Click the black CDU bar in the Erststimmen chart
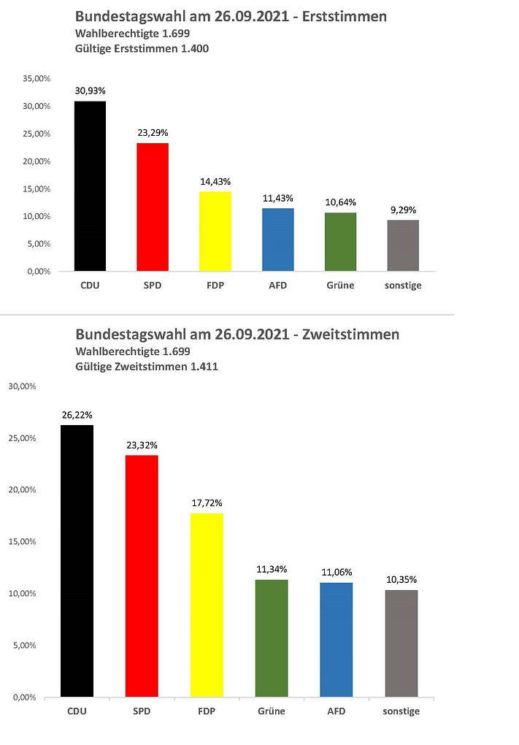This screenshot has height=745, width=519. (91, 186)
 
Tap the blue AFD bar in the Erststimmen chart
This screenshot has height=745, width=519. (277, 240)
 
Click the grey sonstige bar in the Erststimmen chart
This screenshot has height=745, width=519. (403, 245)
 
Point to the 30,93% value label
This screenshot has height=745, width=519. (91, 91)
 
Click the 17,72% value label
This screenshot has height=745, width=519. (207, 503)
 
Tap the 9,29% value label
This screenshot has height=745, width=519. (403, 210)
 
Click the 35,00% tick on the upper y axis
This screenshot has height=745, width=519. (36, 78)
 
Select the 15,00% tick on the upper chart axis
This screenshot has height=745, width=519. (36, 188)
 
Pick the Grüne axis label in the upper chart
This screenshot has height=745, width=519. (340, 286)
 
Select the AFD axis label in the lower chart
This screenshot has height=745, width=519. (337, 711)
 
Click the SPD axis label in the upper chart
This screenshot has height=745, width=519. (153, 286)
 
